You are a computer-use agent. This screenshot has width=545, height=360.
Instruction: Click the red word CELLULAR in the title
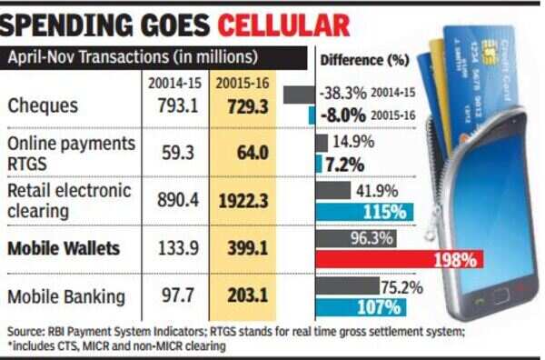point(283,25)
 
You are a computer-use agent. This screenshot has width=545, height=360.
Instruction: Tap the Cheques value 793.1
point(178,105)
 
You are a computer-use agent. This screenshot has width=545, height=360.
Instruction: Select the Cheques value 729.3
point(248,106)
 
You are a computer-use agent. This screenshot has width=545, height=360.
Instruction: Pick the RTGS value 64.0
point(253,153)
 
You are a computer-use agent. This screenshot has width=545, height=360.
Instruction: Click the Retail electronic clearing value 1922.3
point(243,201)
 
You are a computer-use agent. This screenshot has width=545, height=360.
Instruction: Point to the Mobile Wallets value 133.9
point(178,248)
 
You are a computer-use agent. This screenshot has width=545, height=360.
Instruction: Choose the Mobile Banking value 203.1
point(248,295)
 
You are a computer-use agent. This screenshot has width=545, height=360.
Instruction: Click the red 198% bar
point(400,259)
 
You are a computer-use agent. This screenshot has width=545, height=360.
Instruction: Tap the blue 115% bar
point(364,212)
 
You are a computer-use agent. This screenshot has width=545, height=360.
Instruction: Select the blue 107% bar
point(361,307)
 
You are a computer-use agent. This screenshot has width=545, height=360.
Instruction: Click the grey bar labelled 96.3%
point(356,238)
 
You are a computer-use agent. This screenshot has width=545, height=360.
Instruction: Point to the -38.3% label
point(342,94)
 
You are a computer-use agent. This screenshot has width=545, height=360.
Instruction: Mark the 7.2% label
point(345,165)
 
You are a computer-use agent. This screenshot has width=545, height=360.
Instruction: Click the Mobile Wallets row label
point(64,248)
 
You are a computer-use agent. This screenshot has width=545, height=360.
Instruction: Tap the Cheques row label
point(43,105)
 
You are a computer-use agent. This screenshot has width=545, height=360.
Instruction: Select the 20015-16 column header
point(243,84)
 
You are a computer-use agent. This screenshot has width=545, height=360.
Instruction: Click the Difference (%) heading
point(364,61)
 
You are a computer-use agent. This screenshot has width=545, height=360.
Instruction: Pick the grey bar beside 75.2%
point(348,286)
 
